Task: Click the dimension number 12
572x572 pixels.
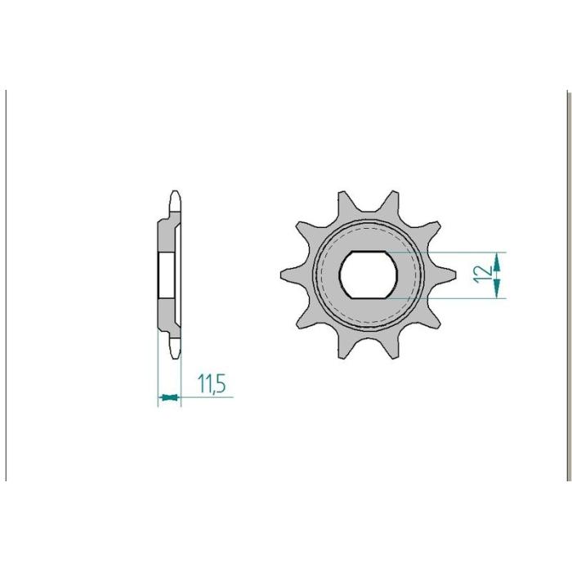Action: [x=482, y=275]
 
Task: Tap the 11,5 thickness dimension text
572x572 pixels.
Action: [x=212, y=383]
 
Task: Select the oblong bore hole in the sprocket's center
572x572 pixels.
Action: [x=369, y=275]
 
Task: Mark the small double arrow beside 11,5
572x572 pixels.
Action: [x=169, y=397]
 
